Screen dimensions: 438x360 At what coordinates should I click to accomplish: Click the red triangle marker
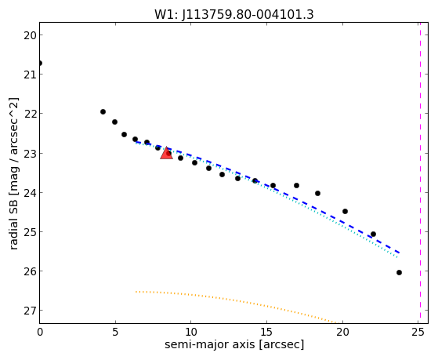pos(166,153)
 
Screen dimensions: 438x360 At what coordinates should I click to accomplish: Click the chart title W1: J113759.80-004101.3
pos(234,15)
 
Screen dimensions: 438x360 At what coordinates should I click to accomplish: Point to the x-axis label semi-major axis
pos(209,344)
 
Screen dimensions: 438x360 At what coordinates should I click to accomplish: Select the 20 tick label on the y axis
pos(30,35)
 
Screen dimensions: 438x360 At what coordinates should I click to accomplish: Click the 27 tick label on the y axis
pos(30,311)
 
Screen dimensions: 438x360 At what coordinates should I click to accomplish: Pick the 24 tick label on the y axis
pos(30,193)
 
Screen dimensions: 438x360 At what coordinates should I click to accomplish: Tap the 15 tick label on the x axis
pos(266,333)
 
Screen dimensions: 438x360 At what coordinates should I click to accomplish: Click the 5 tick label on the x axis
pos(115,333)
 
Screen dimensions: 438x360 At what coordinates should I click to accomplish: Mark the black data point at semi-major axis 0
pos(40,64)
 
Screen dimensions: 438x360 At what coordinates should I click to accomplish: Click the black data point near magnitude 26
pos(399,272)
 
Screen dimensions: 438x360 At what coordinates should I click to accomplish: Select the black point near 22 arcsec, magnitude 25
pos(373,235)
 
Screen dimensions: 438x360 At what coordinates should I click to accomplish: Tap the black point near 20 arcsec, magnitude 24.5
pos(345,211)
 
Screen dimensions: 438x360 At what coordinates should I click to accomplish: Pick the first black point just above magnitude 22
pos(103,112)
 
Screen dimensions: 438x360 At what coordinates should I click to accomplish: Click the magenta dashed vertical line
pos(420,173)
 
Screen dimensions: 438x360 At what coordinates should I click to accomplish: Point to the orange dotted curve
pos(237,300)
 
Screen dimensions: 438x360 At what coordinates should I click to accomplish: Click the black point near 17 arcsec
pos(297,185)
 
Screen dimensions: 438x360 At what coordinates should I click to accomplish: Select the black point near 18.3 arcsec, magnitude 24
pos(317,193)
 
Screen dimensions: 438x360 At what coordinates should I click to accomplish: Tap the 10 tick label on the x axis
pos(190,333)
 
